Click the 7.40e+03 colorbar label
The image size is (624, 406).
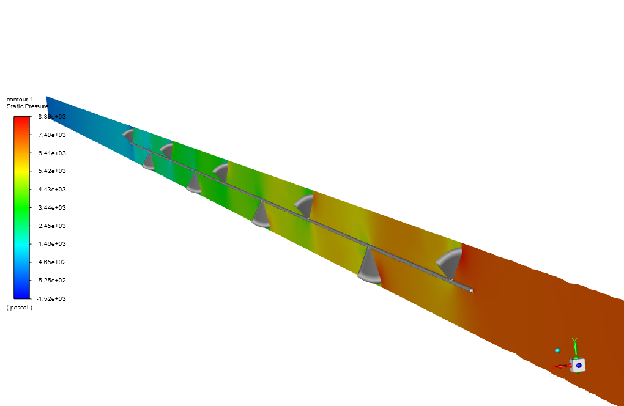52,135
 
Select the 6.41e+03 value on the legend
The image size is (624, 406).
52,153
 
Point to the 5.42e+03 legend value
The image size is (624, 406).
52,171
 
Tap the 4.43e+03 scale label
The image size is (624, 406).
52,190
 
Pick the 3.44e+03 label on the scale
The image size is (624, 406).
52,207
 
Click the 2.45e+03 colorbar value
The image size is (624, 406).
52,226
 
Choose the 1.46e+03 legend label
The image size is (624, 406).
52,244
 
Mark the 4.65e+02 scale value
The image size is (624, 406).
52,262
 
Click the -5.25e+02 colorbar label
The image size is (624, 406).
51,280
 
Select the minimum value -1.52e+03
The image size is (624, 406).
51,298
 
